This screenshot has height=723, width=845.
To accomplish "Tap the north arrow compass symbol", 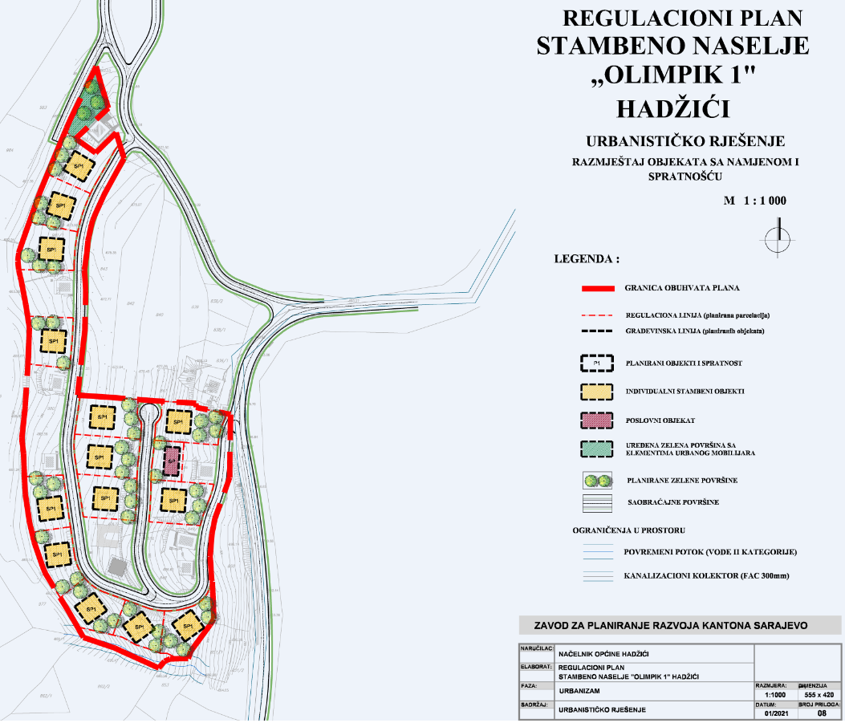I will tap(777, 239).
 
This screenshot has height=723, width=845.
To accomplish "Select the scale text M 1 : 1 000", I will tap(755, 201).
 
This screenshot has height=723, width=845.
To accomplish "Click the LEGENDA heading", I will tap(587, 260).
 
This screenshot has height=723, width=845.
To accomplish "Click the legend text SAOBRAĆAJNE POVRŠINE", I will tap(671, 502).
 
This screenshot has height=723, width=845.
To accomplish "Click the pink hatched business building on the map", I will tap(171, 461).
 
